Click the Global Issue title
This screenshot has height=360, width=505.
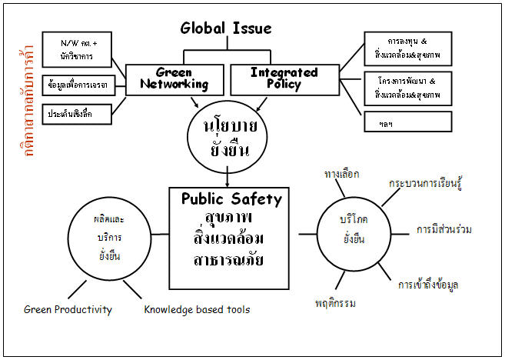(x=226, y=29)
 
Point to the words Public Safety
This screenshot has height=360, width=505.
(x=231, y=199)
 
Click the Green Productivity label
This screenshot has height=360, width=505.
(x=68, y=310)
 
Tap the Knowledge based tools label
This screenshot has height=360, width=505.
(x=197, y=310)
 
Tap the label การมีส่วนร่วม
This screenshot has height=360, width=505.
(x=444, y=229)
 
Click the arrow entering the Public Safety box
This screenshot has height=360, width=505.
(x=228, y=180)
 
